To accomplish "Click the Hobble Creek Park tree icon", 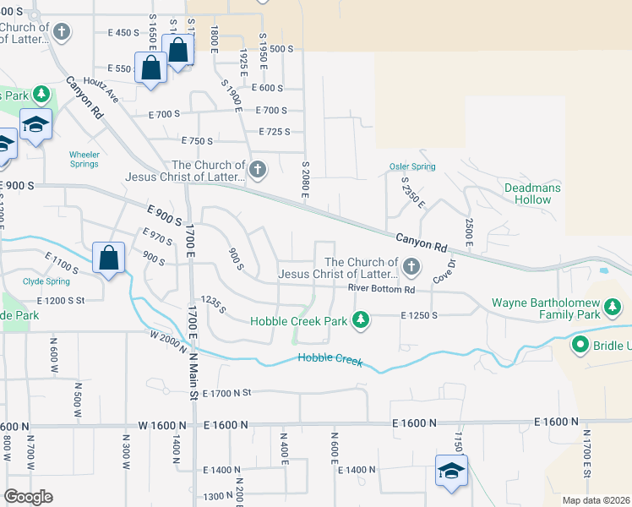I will (x=361, y=319).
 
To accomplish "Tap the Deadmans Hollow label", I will (x=527, y=194).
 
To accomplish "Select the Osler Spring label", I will (x=411, y=166).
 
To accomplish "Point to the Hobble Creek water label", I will (x=330, y=360).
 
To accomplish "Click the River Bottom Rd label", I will (x=381, y=290).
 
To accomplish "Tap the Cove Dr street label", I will (x=443, y=271).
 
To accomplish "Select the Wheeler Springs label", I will (x=84, y=159).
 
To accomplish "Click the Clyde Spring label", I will (x=46, y=281).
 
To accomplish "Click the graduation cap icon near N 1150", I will (x=451, y=471).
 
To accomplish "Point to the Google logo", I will (x=28, y=497).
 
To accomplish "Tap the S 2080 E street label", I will (x=305, y=180).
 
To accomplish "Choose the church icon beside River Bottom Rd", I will (x=411, y=268).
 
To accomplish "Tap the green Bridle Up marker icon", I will (x=580, y=345).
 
